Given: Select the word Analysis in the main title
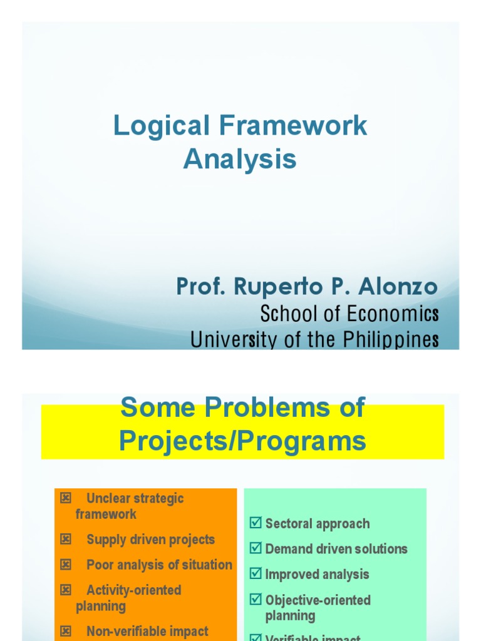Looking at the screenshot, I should [240, 159].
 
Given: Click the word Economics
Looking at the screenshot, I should [393, 314].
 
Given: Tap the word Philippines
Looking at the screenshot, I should [390, 340].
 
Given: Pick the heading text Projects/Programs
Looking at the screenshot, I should [242, 441].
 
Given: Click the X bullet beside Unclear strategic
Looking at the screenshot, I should [66, 498].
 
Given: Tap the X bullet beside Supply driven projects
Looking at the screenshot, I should [66, 539].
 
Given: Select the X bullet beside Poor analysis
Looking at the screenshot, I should [66, 565].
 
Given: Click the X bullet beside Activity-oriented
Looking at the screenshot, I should [66, 590].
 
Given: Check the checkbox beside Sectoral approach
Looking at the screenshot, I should [256, 523].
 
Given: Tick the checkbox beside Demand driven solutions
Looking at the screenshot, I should [256, 549].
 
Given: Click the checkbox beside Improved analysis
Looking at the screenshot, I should [256, 574].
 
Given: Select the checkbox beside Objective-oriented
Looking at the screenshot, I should [256, 600].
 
